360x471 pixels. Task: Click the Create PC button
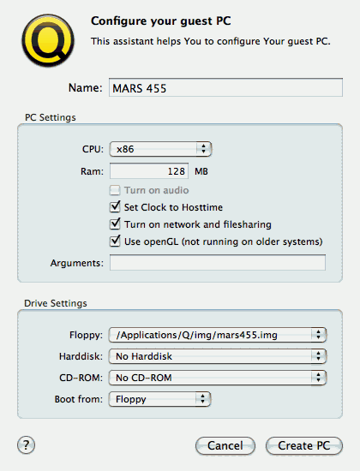click(304, 446)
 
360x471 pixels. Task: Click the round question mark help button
click(27, 444)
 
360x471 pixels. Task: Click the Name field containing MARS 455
click(225, 87)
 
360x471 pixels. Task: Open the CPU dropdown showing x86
click(160, 149)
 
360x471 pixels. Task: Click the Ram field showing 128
click(149, 171)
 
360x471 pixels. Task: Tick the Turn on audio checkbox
click(115, 190)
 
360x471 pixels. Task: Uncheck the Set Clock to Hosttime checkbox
click(115, 207)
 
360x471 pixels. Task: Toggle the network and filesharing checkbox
click(115, 224)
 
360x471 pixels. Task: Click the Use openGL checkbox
click(115, 241)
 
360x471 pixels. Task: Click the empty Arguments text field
click(218, 263)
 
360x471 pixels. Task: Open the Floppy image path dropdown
click(218, 335)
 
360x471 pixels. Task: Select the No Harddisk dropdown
click(218, 356)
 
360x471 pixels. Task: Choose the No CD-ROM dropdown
click(218, 378)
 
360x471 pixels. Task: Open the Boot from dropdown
click(159, 399)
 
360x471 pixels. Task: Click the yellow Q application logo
click(48, 40)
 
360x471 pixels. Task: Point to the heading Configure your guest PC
click(161, 21)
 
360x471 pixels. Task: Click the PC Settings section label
click(51, 117)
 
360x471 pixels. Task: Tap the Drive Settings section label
click(56, 303)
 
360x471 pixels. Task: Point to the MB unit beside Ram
click(201, 171)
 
